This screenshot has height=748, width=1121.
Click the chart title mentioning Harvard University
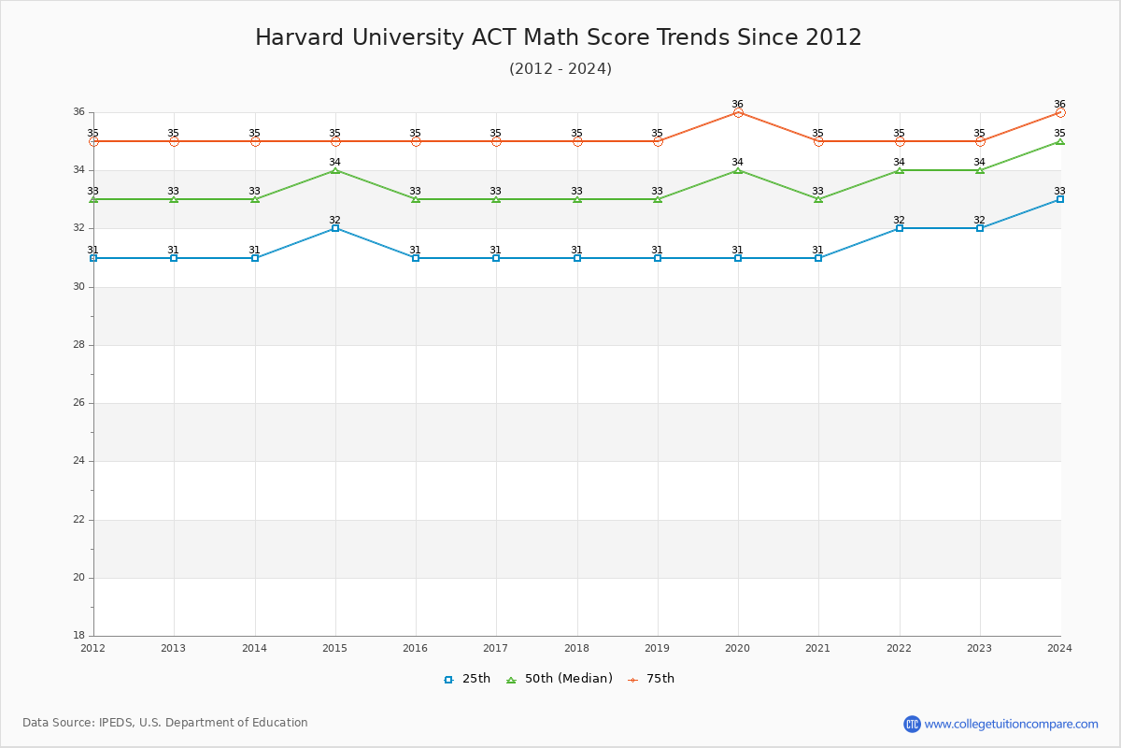click(x=559, y=37)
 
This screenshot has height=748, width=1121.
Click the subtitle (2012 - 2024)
click(x=560, y=68)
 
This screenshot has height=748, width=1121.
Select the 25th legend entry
click(x=467, y=679)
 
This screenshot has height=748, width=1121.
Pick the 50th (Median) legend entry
click(x=560, y=679)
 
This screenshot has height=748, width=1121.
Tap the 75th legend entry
click(x=651, y=679)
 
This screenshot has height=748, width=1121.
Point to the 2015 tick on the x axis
click(x=334, y=647)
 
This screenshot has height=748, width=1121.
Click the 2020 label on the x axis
click(x=737, y=647)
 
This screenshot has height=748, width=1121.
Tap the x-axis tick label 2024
click(x=1059, y=647)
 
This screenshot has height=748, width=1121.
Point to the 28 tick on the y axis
click(x=78, y=345)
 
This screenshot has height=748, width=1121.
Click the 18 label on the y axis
click(x=78, y=636)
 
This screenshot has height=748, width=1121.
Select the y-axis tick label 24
click(x=78, y=461)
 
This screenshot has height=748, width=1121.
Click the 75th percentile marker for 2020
click(x=738, y=112)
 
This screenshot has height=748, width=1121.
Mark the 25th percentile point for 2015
click(x=335, y=228)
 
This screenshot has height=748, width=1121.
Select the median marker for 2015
click(x=335, y=170)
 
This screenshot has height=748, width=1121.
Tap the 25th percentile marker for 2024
click(x=1060, y=199)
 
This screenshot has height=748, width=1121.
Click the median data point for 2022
click(x=900, y=170)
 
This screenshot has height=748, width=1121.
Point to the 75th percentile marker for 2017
click(x=496, y=141)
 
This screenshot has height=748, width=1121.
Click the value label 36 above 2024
click(x=1059, y=104)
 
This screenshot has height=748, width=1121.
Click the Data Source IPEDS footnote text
click(x=165, y=723)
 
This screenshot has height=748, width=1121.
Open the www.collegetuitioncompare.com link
click(x=1011, y=724)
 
